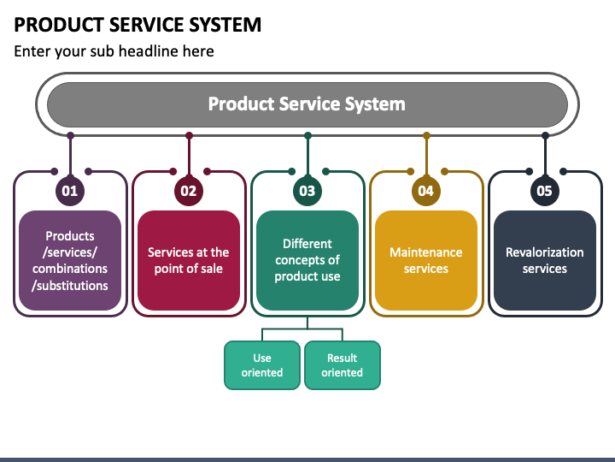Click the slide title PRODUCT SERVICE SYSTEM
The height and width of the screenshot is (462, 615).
click(138, 25)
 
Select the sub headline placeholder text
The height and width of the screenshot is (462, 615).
click(114, 51)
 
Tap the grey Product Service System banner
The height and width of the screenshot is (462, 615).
click(307, 104)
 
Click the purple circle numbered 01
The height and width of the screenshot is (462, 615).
click(70, 191)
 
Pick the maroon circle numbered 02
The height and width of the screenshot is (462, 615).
click(189, 191)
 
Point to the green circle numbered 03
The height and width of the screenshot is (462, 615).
click(307, 191)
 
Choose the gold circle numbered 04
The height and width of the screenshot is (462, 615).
click(426, 191)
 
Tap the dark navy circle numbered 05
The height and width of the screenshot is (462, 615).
click(545, 191)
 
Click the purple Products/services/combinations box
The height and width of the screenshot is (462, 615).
click(70, 260)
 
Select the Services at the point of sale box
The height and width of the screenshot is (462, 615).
click(189, 260)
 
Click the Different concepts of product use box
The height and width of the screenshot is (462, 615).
click(307, 260)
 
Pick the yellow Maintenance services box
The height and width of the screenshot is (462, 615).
click(426, 260)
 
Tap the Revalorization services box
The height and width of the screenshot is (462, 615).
click(545, 260)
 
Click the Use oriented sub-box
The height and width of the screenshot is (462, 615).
click(262, 365)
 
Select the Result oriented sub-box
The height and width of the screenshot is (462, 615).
click(343, 365)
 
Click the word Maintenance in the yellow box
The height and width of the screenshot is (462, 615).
click(426, 252)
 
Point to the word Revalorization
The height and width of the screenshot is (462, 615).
click(545, 252)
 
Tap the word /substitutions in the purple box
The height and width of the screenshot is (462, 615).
click(70, 286)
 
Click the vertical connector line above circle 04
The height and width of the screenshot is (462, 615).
click(426, 156)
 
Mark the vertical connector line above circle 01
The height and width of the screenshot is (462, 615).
click(70, 156)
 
